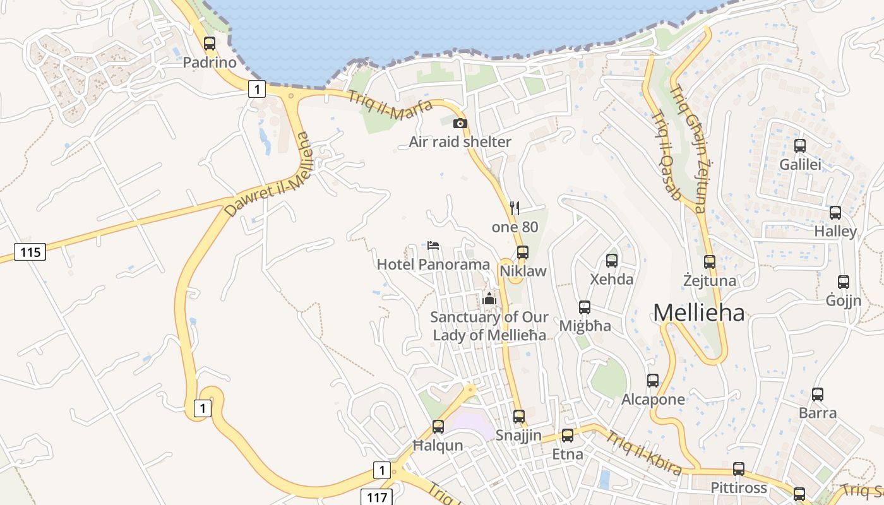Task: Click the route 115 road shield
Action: tap(30, 252)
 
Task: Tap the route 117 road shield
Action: tap(377, 497)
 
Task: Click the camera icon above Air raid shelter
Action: tap(460, 123)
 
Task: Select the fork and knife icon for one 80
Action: tap(515, 208)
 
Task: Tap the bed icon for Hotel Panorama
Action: tap(433, 245)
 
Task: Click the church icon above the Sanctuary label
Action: tap(489, 298)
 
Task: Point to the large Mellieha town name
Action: tap(698, 312)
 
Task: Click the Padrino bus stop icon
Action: tap(210, 44)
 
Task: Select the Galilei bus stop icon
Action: tap(800, 146)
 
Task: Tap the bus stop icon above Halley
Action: tap(835, 213)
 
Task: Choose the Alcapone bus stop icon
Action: tap(653, 381)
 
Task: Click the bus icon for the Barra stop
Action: tap(818, 395)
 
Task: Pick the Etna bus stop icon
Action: tap(568, 435)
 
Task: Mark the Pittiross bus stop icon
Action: tap(739, 469)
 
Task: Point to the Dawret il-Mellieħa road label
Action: tap(269, 175)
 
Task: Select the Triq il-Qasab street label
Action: tap(666, 155)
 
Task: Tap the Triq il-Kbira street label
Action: tap(644, 453)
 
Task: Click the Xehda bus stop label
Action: tap(611, 279)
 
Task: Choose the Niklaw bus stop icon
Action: tap(522, 252)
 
